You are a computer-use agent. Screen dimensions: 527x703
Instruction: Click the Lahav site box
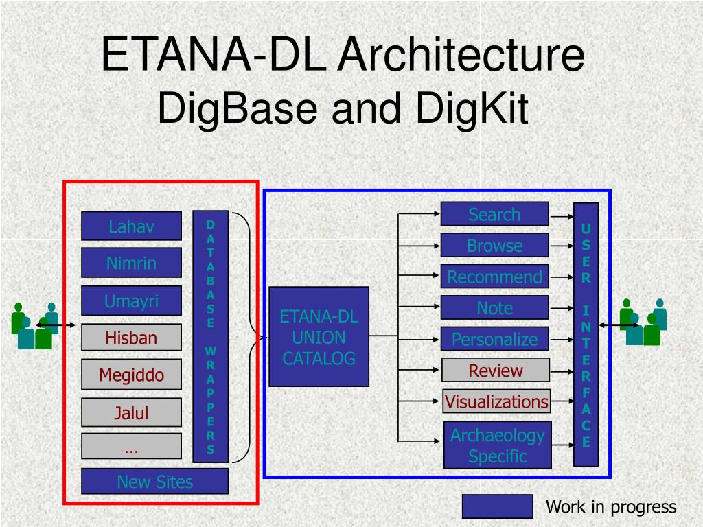click(x=131, y=226)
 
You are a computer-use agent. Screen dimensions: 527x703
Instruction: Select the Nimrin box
click(x=131, y=263)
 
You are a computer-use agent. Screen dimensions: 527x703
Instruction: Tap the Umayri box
click(x=131, y=301)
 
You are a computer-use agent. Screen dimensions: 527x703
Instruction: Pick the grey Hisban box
click(x=131, y=338)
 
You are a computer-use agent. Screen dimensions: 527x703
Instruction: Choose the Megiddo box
click(x=131, y=375)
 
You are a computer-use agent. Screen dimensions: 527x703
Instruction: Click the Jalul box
click(x=131, y=412)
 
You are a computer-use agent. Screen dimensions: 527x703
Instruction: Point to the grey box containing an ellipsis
click(x=131, y=446)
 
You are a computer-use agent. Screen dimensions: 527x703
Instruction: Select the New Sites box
click(x=154, y=481)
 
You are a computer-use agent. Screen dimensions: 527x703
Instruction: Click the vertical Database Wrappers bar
click(x=210, y=336)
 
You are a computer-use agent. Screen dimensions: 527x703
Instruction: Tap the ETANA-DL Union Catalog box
click(x=319, y=337)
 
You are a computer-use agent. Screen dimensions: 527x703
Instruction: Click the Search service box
click(x=494, y=214)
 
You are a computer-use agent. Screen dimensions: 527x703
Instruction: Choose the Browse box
click(x=494, y=245)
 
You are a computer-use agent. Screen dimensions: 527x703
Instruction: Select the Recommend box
click(x=494, y=277)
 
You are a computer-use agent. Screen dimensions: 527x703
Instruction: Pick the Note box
click(x=494, y=308)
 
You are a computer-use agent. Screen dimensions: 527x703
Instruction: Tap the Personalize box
click(x=494, y=339)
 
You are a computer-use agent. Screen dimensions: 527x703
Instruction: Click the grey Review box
click(x=495, y=371)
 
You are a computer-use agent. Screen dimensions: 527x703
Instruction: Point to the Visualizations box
click(x=496, y=401)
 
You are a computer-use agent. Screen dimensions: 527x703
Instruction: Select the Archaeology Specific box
click(x=497, y=445)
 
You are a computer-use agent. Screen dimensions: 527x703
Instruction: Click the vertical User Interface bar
click(x=586, y=335)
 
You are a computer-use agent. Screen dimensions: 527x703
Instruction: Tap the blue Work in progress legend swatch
click(x=497, y=506)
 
